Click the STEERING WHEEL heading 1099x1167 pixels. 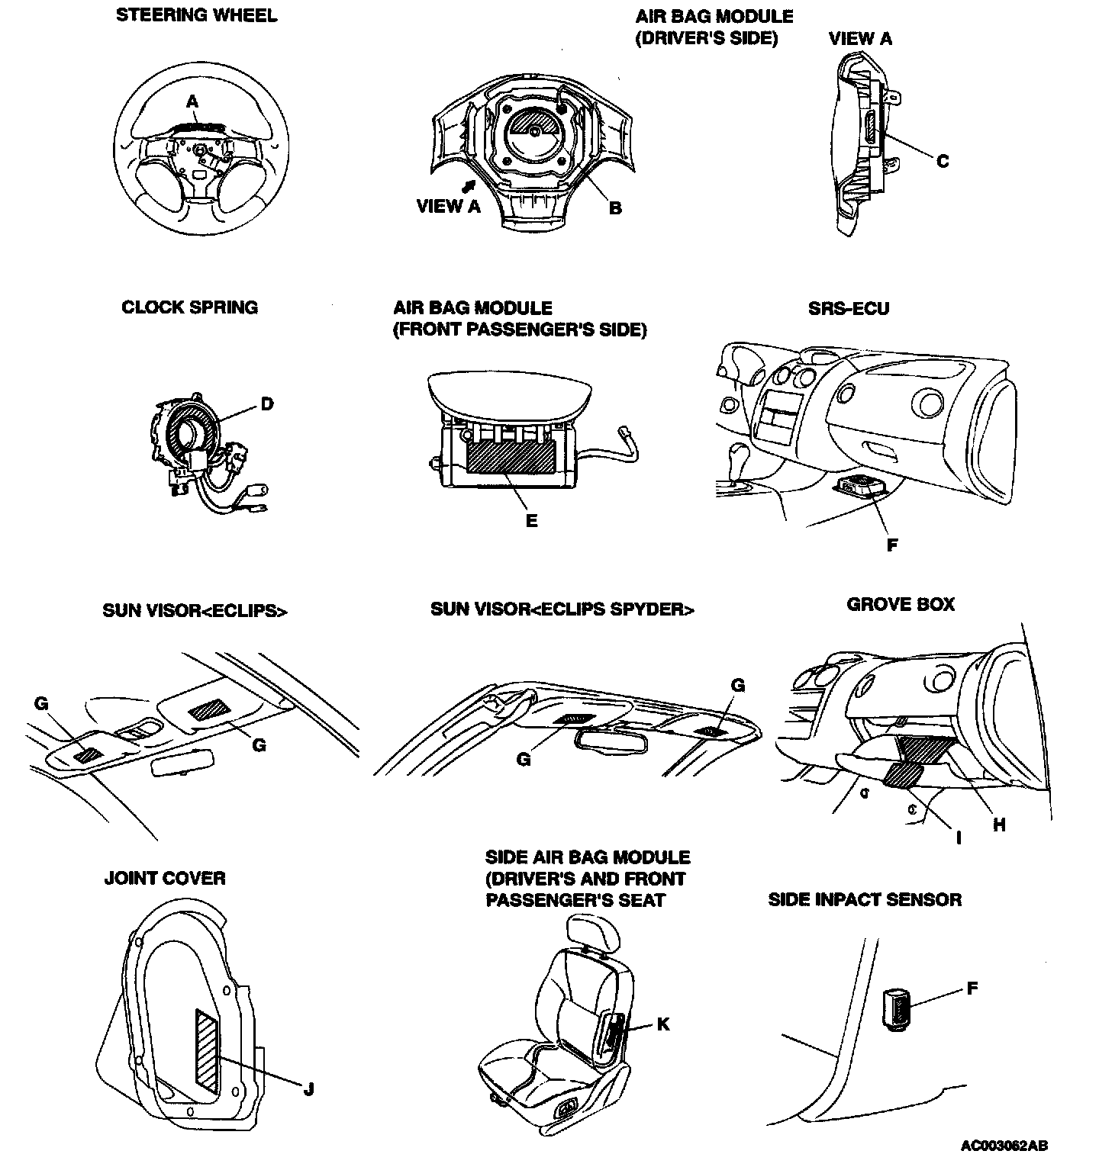click(196, 15)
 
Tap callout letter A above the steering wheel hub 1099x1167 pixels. click(192, 101)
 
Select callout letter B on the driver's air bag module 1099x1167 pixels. click(615, 208)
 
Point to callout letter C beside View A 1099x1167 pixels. click(943, 161)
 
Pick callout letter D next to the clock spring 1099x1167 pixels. click(266, 404)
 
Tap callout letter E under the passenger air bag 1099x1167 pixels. click(531, 522)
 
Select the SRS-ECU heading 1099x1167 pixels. click(848, 308)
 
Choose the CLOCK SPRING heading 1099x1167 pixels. click(190, 307)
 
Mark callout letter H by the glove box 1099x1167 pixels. click(999, 825)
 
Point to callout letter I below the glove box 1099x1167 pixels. click(959, 838)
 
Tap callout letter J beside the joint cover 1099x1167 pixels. click(308, 1089)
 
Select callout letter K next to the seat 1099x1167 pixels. click(663, 1024)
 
